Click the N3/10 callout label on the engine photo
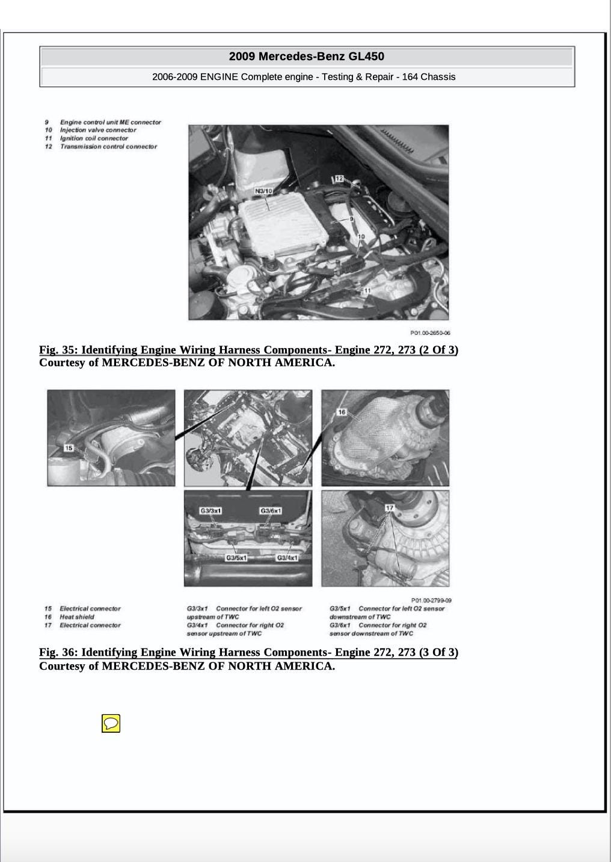pos(263,191)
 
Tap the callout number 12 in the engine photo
pos(339,179)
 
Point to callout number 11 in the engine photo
pos(367,291)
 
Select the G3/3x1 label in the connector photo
pos(210,511)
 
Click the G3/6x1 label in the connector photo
pos(271,511)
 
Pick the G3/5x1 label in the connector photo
pos(236,558)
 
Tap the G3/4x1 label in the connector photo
pos(287,558)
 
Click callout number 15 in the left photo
pos(69,448)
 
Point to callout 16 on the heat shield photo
pos(342,412)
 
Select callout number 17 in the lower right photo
pos(389,508)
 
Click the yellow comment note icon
pos(111,723)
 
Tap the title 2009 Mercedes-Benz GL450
pos(307,57)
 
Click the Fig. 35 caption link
pos(248,350)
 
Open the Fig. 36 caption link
pos(248,652)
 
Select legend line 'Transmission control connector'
pos(108,147)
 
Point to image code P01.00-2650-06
pos(430,332)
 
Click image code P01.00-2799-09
pos(431,600)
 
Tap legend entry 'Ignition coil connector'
pos(94,138)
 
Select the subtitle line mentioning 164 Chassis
pos(304,77)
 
